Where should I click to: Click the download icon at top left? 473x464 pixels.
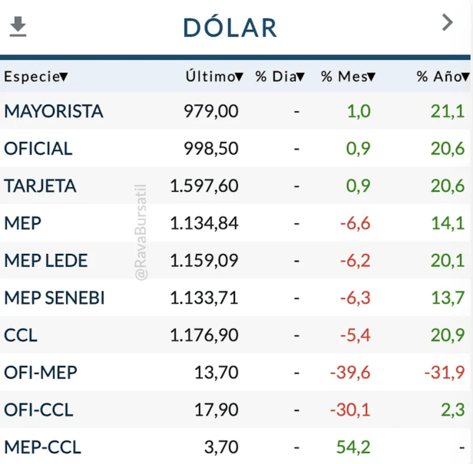(x=18, y=27)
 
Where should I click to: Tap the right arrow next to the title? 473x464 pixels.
(x=448, y=23)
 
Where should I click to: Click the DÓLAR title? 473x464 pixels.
(x=230, y=28)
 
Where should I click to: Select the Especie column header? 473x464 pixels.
(x=35, y=77)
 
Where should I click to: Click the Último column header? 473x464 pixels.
(x=214, y=77)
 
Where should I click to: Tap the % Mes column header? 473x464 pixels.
(x=348, y=77)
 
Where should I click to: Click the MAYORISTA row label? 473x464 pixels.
(x=54, y=111)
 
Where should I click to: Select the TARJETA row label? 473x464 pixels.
(x=41, y=186)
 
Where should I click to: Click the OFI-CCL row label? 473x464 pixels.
(x=38, y=410)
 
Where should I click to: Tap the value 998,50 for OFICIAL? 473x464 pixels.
(x=211, y=149)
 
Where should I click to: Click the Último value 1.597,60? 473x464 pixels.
(x=204, y=186)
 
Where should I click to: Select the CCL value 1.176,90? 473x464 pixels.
(x=204, y=335)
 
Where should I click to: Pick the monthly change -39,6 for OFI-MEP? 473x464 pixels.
(x=350, y=373)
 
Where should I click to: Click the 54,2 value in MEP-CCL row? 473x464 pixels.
(x=353, y=446)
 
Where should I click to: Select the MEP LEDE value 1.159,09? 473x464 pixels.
(x=204, y=261)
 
